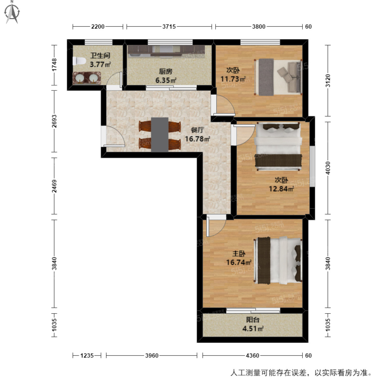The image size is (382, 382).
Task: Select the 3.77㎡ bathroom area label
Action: tap(100, 64)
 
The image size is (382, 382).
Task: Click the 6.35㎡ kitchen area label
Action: tap(166, 80)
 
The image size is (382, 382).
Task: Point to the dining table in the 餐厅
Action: tap(159, 135)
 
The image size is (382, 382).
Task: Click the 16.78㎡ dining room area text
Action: tap(197, 139)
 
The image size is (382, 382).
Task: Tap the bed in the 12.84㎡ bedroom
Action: tap(278, 147)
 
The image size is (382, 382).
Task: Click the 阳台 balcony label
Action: tap(252, 320)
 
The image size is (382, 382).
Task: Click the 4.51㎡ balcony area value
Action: tap(253, 329)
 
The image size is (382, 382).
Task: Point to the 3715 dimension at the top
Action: tap(169, 27)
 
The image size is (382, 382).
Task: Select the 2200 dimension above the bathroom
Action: tap(98, 27)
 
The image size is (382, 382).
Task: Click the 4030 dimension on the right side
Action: tap(328, 168)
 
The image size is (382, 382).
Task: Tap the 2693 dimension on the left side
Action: tap(54, 121)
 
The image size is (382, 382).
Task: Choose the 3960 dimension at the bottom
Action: tap(152, 355)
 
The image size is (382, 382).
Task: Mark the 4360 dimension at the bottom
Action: tap(252, 355)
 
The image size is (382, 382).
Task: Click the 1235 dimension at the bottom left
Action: tap(87, 355)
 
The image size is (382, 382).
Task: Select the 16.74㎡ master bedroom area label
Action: tap(239, 262)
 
